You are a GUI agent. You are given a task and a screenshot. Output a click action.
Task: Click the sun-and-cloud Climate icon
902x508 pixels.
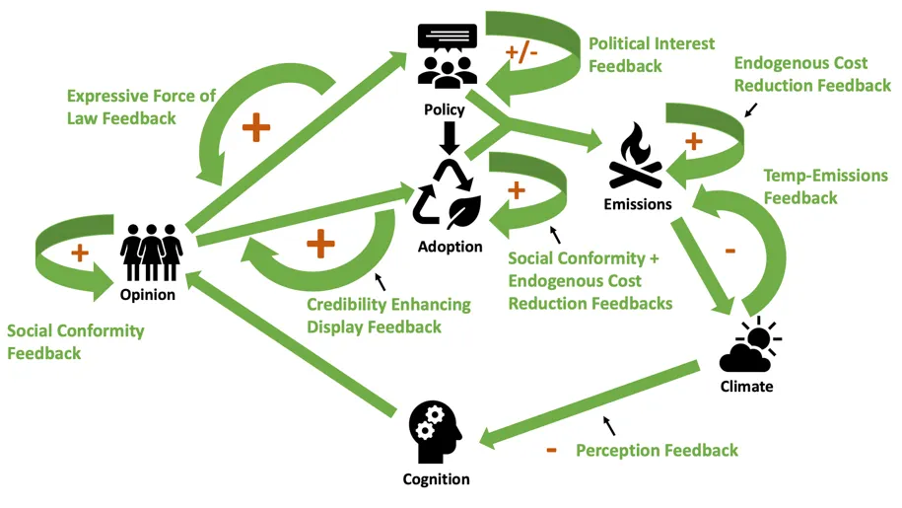(x=748, y=346)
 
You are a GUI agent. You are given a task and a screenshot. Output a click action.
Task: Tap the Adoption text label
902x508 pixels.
(x=450, y=247)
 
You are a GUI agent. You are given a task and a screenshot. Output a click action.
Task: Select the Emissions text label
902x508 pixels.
(x=638, y=205)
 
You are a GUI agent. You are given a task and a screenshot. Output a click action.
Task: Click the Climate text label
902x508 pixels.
(x=746, y=387)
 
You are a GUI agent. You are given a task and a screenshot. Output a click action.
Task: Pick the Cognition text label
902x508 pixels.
(x=436, y=479)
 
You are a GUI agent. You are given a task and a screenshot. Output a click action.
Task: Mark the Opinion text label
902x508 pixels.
(x=147, y=295)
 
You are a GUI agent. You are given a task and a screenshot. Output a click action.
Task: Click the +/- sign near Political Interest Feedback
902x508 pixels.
(x=521, y=53)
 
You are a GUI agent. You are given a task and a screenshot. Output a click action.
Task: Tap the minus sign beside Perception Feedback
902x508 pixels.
(x=551, y=451)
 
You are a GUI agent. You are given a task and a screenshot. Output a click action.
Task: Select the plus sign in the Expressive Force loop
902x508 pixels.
(x=255, y=127)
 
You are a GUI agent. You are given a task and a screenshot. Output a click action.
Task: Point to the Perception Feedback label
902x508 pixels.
(x=657, y=451)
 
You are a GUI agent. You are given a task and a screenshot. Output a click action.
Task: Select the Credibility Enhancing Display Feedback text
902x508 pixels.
(x=388, y=316)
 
